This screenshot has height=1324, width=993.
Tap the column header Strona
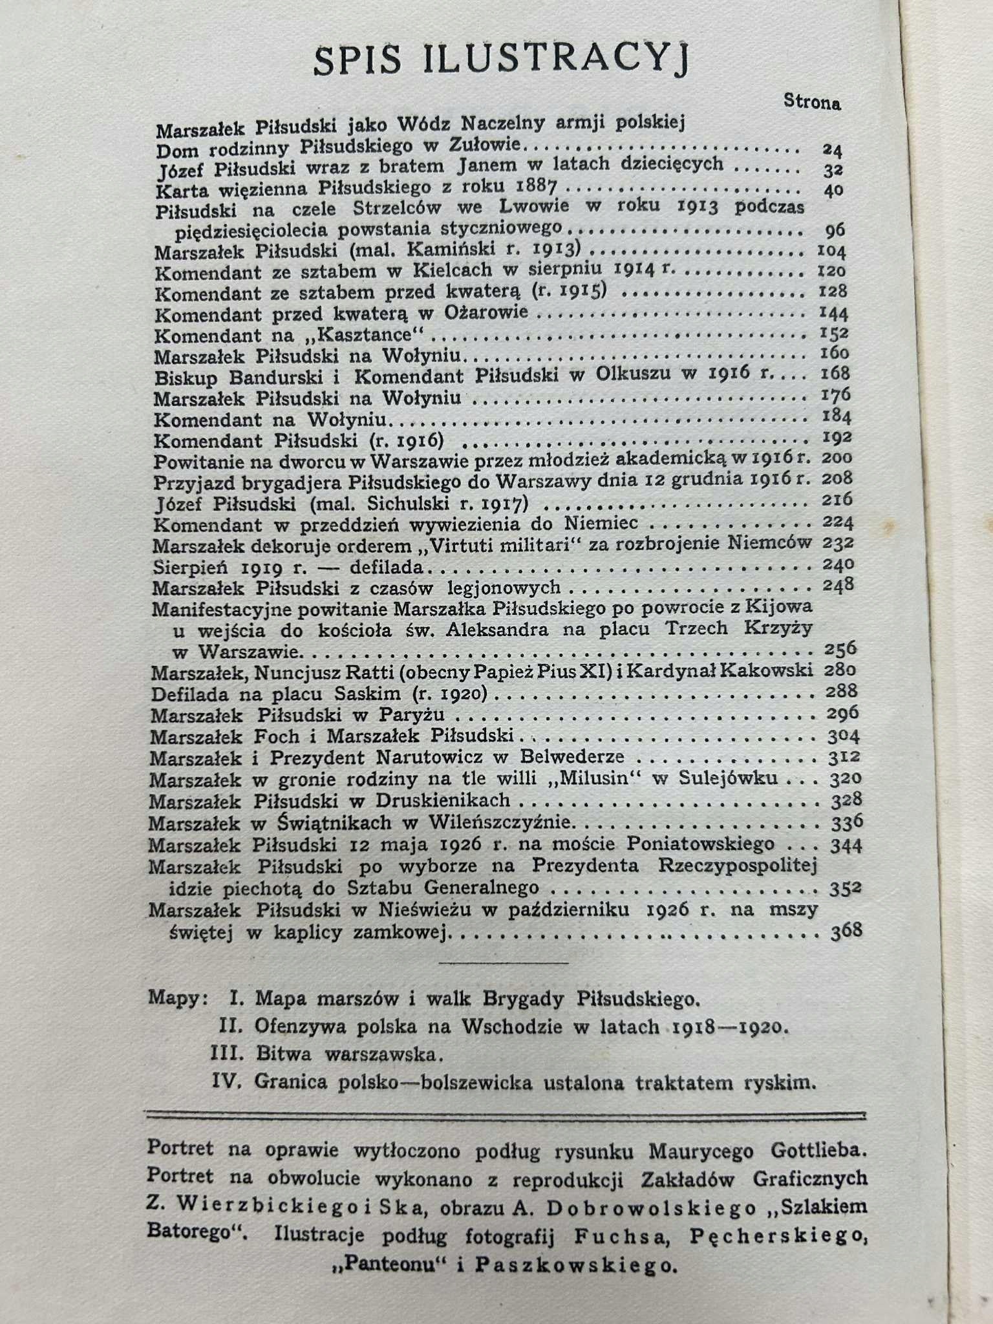[x=812, y=101]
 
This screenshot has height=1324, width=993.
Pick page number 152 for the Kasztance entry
[x=833, y=334]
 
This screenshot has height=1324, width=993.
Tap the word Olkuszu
[x=635, y=374]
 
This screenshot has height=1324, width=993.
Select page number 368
[x=845, y=931]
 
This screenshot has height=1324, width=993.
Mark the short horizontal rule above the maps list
[x=503, y=963]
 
